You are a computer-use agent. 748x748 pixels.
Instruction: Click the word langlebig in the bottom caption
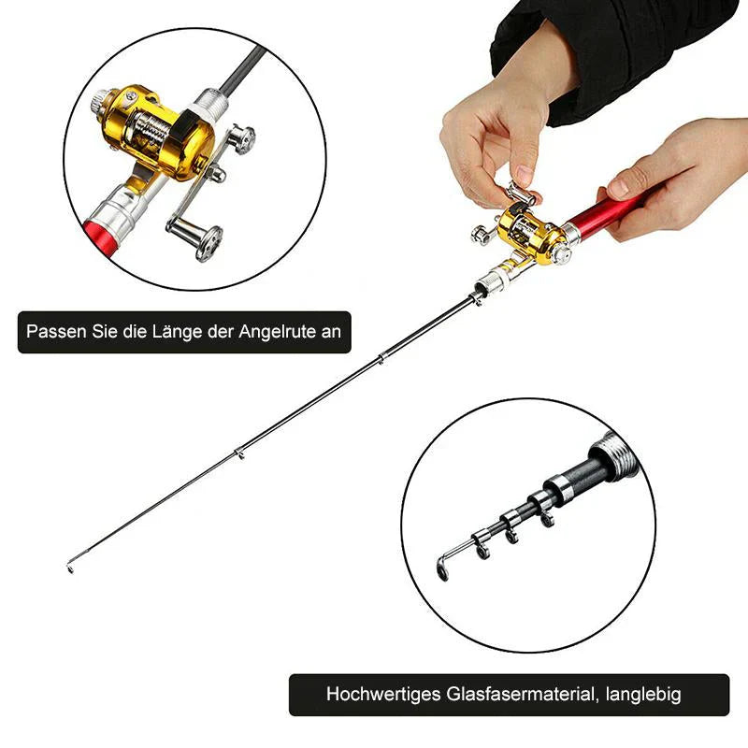[x=643, y=695]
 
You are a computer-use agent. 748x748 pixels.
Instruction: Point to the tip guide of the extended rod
[x=72, y=567]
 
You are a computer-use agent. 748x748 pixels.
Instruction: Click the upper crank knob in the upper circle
[x=244, y=140]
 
